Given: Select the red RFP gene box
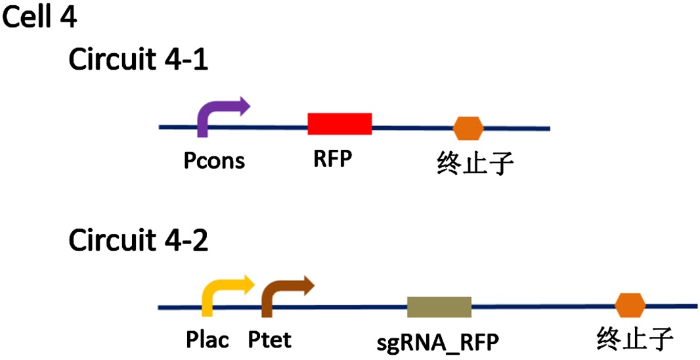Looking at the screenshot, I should coord(339,124).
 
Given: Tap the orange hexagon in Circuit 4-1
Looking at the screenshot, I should coord(469,127).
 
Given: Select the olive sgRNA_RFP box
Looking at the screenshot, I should coord(439,307).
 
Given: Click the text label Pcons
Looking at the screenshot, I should coord(214,160).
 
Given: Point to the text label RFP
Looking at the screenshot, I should coord(329,158).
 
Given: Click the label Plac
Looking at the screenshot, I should coord(207,340).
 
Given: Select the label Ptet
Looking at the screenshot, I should coord(269,340).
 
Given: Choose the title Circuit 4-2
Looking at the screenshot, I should coord(139,241).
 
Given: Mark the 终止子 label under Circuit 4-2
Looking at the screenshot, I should coord(635,340).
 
